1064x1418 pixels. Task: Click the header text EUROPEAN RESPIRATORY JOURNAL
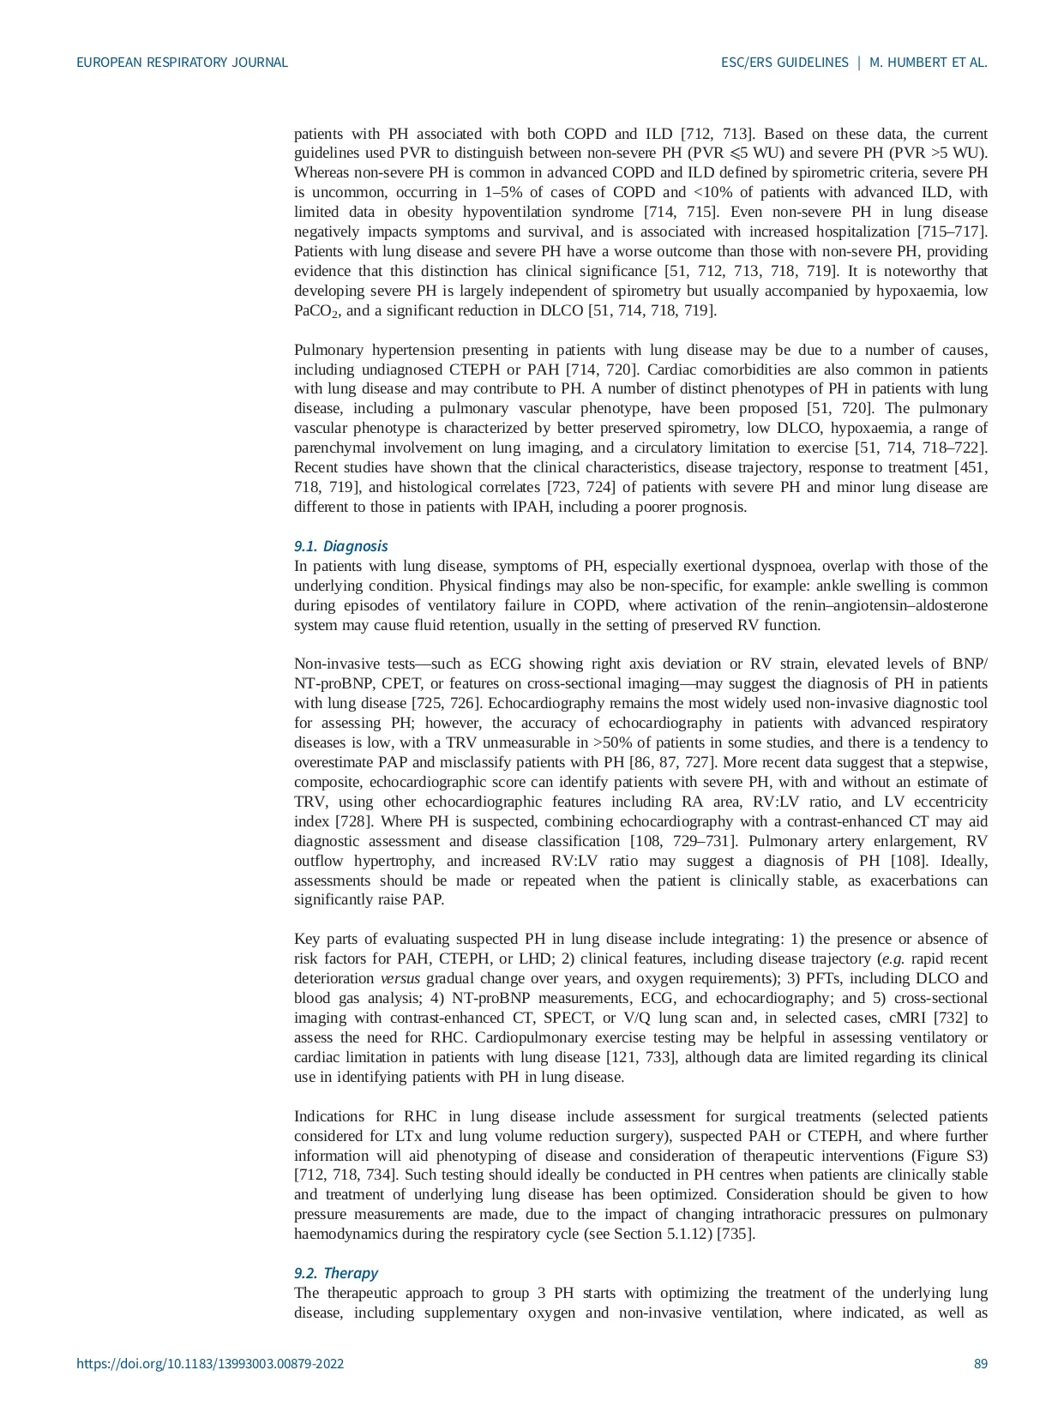pyautogui.click(x=182, y=63)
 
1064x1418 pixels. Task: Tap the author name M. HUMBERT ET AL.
pyautogui.click(x=929, y=63)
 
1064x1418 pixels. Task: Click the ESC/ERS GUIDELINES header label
pyautogui.click(x=784, y=63)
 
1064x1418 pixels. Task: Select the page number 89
pyautogui.click(x=981, y=1364)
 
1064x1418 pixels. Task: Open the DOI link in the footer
pyautogui.click(x=210, y=1364)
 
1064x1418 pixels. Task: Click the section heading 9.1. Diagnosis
pyautogui.click(x=340, y=546)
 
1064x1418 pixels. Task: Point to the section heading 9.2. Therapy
pyautogui.click(x=335, y=1273)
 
